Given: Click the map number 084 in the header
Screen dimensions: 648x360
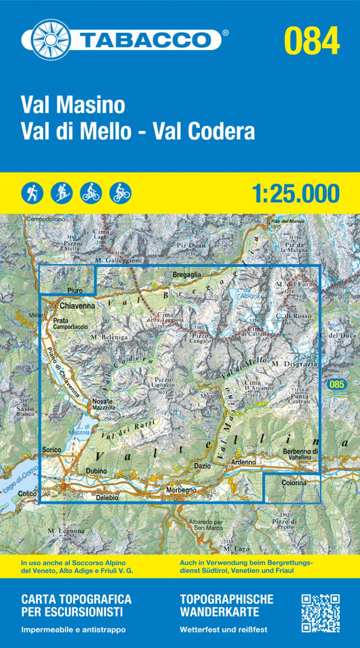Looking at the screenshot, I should [311, 41].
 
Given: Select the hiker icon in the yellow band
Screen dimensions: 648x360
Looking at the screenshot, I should [31, 193].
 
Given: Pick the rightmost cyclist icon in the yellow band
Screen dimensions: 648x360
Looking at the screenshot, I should [120, 193].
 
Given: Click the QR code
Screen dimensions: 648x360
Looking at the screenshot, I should [319, 612].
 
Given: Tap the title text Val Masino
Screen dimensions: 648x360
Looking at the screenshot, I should [73, 105].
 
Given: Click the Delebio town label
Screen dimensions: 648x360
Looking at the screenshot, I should [98, 498].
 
